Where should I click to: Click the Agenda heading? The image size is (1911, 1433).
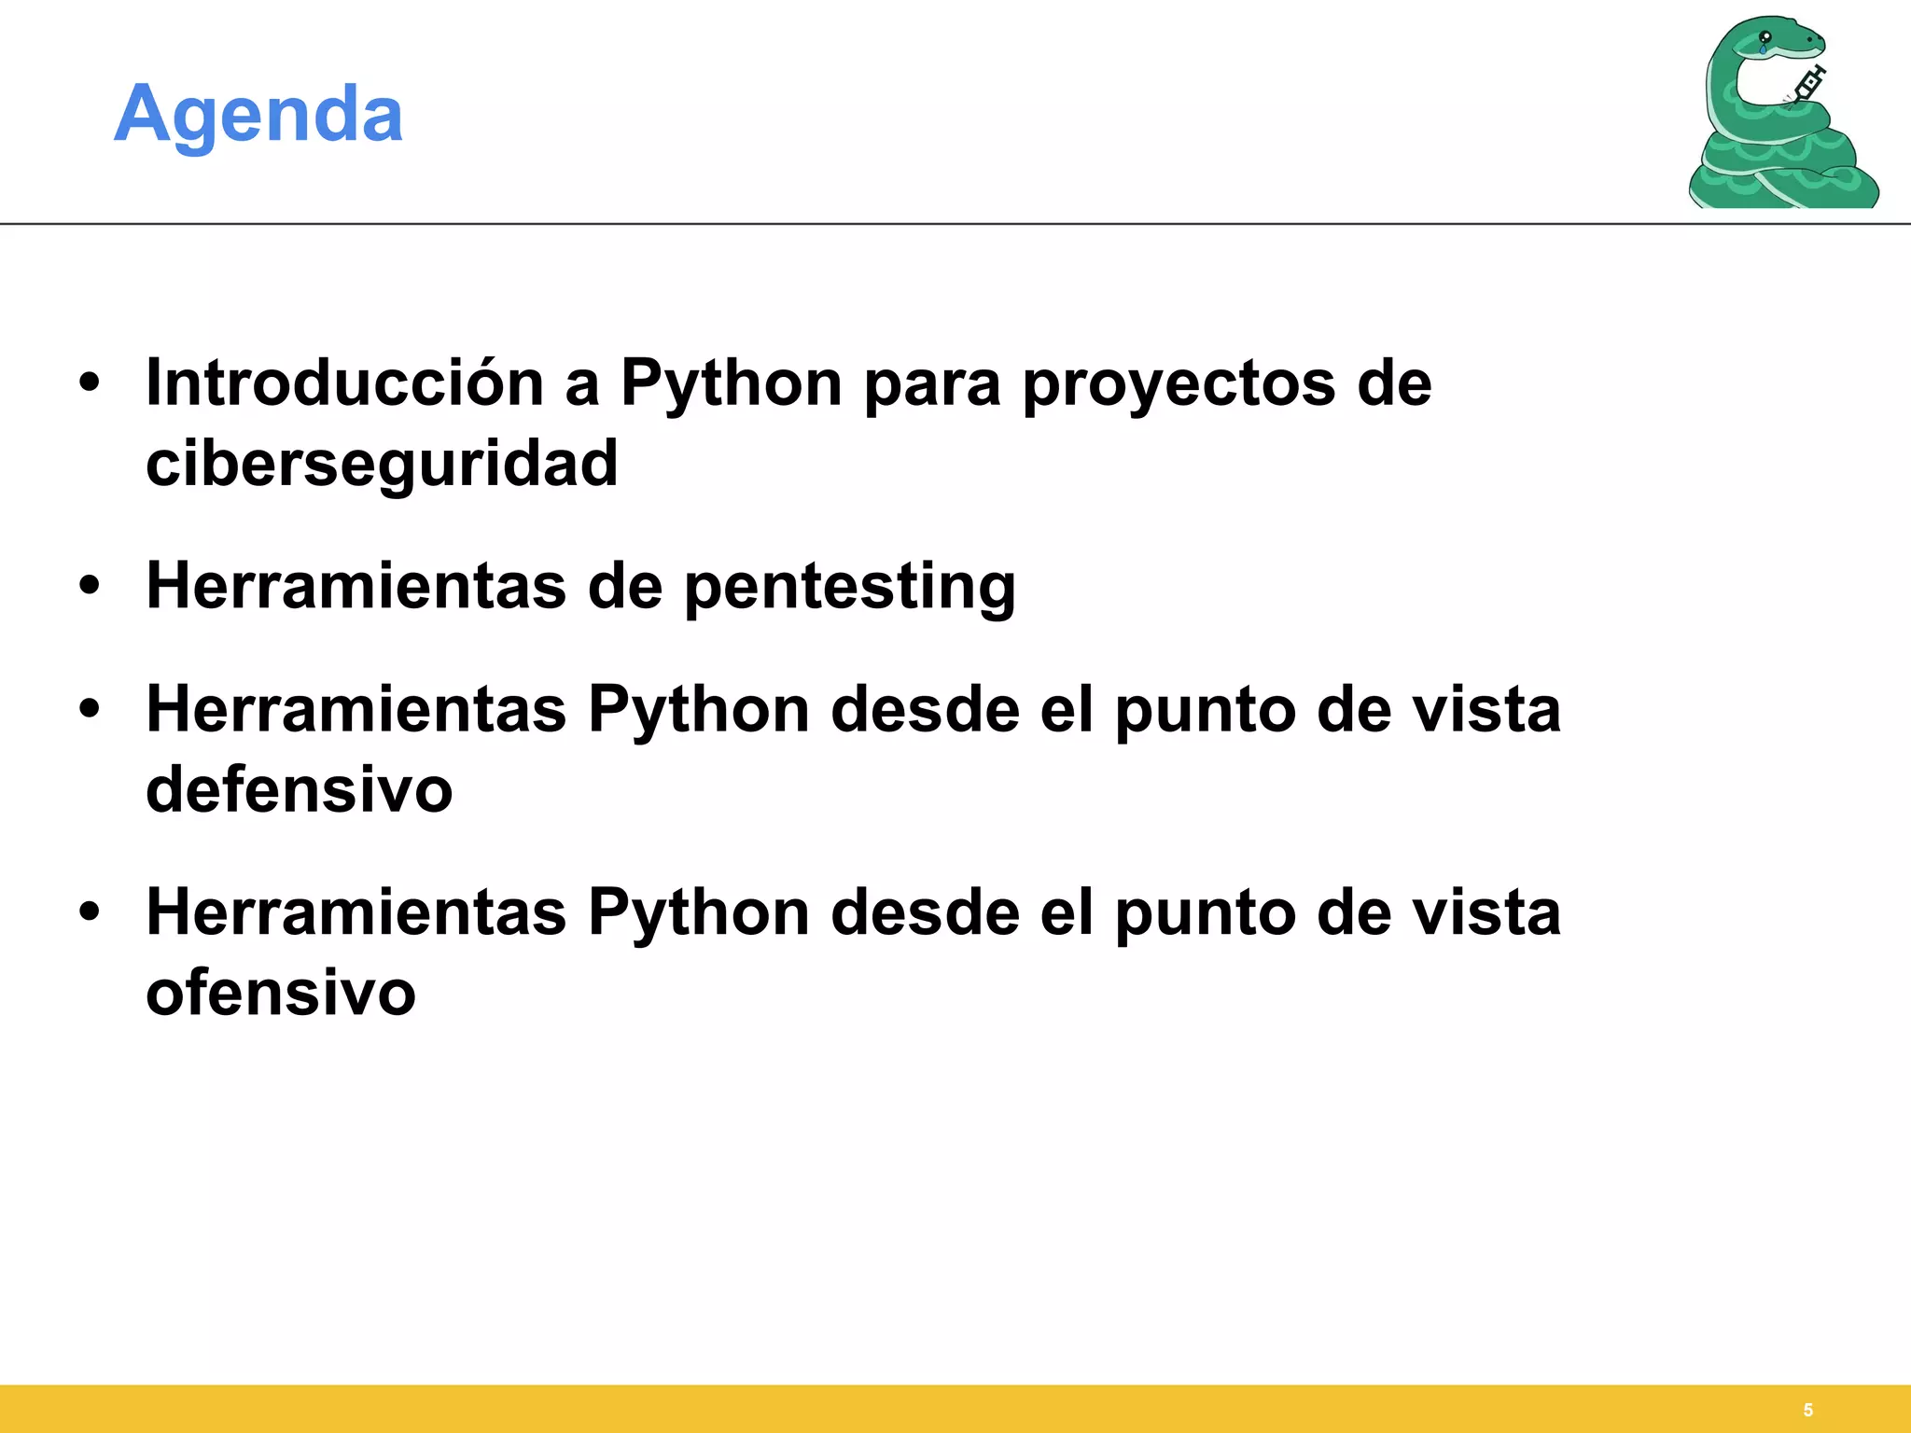coord(258,114)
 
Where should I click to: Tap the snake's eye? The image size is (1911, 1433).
coord(1765,38)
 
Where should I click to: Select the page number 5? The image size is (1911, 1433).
coord(1807,1410)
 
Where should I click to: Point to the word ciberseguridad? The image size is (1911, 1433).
coord(382,464)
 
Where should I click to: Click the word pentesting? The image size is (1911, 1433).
coord(849,587)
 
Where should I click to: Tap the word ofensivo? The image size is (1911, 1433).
coord(280,993)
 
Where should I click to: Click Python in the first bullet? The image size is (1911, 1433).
coord(732,383)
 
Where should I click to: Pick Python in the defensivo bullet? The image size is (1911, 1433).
coord(699,710)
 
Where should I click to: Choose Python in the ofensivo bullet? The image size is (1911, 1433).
coord(699,912)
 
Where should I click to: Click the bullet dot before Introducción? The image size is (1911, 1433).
coord(90,383)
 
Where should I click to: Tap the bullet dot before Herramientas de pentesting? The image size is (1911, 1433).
coord(90,587)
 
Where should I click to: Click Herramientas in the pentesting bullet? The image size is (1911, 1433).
coord(356,587)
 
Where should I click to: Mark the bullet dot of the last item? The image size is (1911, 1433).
coord(90,912)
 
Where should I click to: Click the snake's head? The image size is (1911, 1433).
coord(1782,42)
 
